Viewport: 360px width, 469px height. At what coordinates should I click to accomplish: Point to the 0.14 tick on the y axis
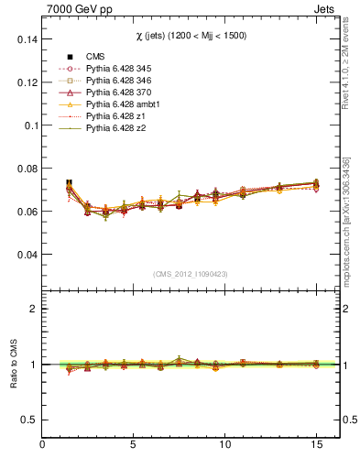point(26,39)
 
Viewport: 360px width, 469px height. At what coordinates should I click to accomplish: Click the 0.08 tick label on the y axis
point(26,169)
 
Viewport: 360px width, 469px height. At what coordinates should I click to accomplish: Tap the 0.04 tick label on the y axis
point(26,254)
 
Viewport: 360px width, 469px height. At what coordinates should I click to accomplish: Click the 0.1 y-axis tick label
point(30,125)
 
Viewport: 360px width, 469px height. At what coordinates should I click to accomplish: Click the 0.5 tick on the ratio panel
point(30,420)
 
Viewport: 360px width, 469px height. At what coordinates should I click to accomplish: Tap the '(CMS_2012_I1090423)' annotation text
point(191,273)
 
